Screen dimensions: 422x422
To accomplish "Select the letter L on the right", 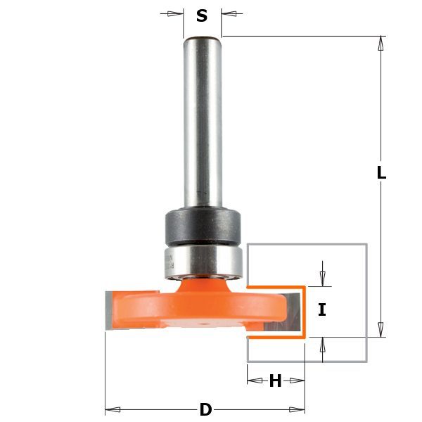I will [381, 172].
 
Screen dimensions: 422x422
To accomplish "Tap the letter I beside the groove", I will [321, 309].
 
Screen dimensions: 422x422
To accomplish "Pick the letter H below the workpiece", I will [275, 382].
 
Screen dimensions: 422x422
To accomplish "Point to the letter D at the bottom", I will [205, 409].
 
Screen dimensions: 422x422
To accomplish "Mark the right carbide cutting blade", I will [294, 311].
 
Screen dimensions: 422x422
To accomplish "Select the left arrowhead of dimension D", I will [111, 409].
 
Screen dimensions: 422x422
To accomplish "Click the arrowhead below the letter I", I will [322, 344].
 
